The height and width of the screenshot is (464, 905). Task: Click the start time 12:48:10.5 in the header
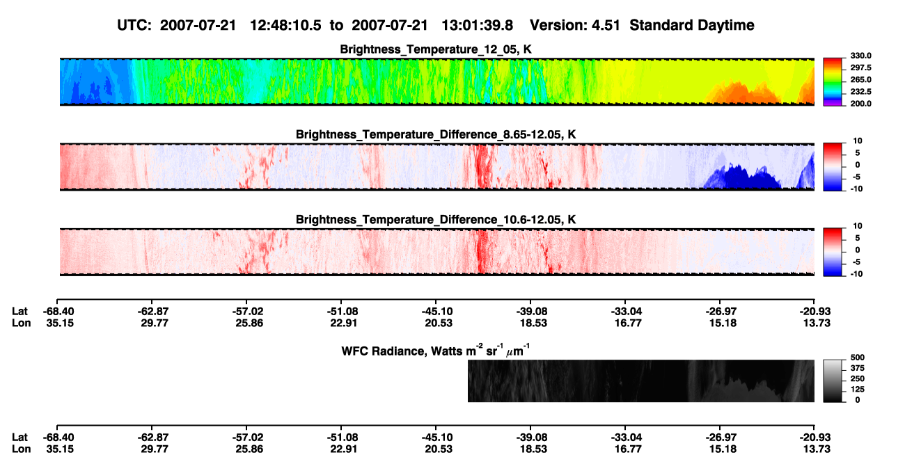coord(285,26)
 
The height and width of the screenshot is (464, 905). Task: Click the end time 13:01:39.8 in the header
coord(477,26)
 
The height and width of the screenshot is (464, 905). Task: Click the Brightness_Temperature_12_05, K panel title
coord(436,49)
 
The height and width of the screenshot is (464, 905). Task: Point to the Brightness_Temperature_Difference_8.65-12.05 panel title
coord(436,134)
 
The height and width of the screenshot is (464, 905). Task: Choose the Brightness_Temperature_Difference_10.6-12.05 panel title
coord(436,220)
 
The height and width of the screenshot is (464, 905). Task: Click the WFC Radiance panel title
coord(436,350)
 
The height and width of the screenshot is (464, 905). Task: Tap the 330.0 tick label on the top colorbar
coord(860,56)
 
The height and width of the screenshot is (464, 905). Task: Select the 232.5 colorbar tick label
coord(860,92)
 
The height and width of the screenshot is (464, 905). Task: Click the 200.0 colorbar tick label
coord(860,104)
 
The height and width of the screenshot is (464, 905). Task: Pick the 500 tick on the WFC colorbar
coord(858,358)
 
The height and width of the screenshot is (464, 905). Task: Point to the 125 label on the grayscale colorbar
coord(858,390)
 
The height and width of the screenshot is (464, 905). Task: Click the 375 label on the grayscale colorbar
coord(858,368)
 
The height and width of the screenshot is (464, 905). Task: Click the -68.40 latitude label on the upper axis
coord(58,312)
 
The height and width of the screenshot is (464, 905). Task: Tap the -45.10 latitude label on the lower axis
coord(437,438)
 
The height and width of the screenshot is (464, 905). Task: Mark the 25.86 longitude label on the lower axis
coord(249,449)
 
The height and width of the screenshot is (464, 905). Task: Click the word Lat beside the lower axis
coord(19,438)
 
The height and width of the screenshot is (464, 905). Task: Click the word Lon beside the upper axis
coord(22,323)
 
